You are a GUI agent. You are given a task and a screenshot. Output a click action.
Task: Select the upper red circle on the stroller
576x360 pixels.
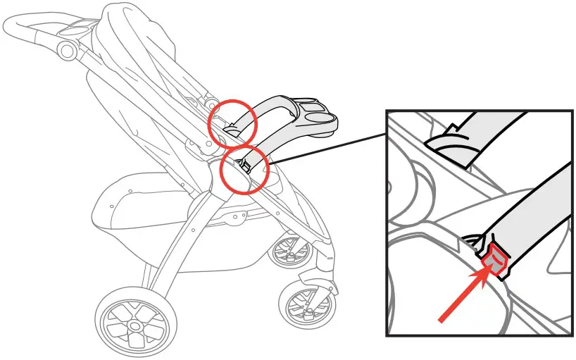click(x=232, y=122)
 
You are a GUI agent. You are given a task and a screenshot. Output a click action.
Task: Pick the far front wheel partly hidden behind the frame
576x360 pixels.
click(x=288, y=250)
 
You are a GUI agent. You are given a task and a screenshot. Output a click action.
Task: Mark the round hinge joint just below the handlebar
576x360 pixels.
click(x=68, y=49)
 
